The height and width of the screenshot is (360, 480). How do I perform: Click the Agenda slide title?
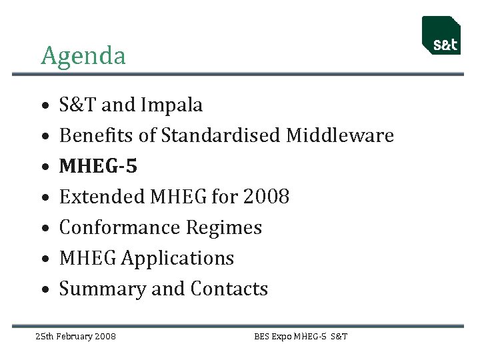[83, 56]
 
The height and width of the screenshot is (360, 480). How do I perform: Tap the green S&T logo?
[441, 35]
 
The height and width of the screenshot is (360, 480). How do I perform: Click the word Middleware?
[340, 135]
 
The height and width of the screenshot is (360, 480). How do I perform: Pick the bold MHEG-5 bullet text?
[98, 166]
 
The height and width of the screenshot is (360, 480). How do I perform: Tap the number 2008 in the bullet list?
[266, 197]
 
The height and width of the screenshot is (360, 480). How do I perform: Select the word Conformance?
[119, 227]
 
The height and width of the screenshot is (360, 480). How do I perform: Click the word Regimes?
[223, 227]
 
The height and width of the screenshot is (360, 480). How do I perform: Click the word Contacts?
[229, 289]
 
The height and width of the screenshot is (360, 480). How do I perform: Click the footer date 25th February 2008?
[75, 336]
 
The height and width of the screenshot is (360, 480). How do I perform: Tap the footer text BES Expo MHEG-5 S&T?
[301, 336]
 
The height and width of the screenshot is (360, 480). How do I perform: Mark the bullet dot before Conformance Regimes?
[44, 229]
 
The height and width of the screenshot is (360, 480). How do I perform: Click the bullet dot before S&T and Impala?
[44, 106]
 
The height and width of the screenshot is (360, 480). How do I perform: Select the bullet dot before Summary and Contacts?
[44, 290]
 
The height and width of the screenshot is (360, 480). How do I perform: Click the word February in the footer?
[75, 336]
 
